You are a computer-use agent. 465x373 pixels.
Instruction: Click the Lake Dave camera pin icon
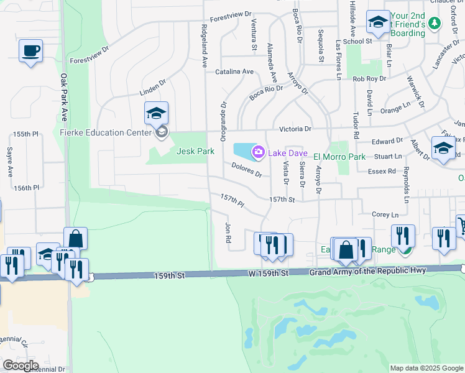pos(258,152)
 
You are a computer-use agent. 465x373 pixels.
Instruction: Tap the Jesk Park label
pos(195,151)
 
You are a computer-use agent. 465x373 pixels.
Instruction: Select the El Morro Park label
pos(339,157)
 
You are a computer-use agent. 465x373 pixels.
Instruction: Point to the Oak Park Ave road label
pos(63,98)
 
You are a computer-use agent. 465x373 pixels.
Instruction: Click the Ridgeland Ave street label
pos(204,46)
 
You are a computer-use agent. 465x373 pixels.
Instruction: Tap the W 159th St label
pos(267,273)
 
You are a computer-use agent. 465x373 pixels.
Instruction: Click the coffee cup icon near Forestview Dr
pos(30,52)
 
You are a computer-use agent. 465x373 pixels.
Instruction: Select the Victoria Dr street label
pos(295,129)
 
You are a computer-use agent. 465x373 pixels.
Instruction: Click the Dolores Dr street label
pos(246,170)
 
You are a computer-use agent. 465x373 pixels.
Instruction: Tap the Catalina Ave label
pos(234,71)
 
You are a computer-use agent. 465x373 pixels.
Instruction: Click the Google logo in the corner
pos(20,366)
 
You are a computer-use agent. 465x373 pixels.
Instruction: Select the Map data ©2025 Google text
pos(426,368)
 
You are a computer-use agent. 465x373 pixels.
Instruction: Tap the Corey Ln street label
pos(385,214)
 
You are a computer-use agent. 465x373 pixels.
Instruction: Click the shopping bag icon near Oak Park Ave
pos(75,239)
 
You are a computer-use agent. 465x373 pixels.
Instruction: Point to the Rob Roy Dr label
pos(369,79)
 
